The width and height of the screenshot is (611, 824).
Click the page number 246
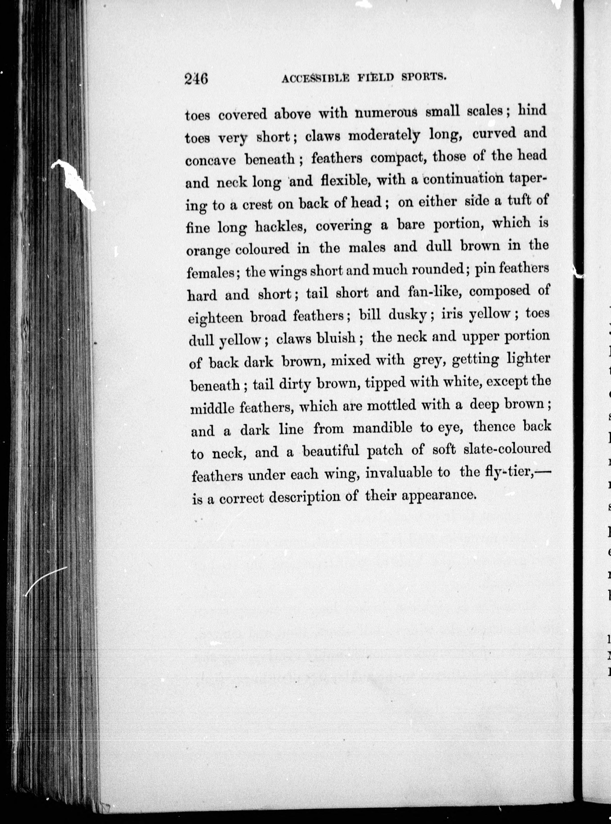point(196,79)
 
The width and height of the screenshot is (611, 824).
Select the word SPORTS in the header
point(423,77)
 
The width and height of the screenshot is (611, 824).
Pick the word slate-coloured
point(507,449)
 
